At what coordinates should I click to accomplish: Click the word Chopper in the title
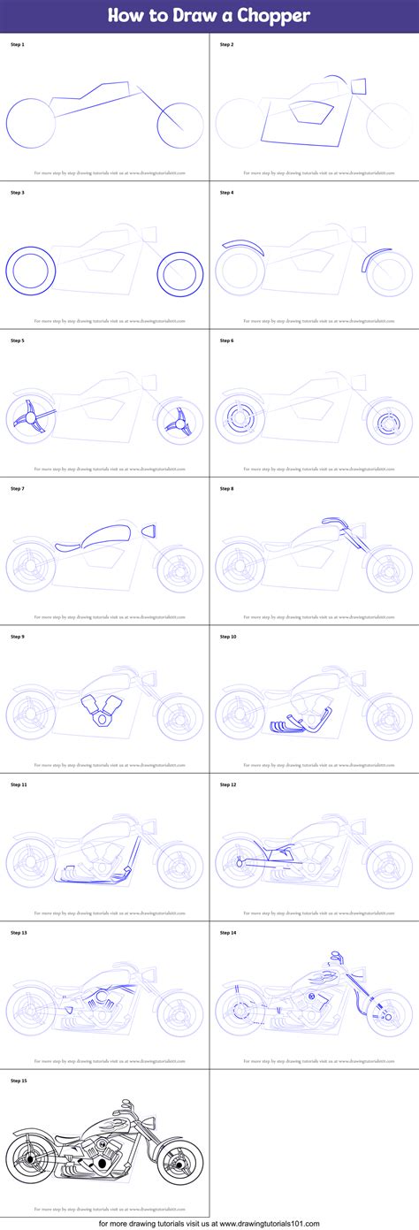pyautogui.click(x=270, y=16)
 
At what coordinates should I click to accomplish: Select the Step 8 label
pyautogui.click(x=227, y=488)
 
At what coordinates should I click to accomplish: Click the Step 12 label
pyautogui.click(x=228, y=784)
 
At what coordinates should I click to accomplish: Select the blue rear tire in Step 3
pyautogui.click(x=32, y=268)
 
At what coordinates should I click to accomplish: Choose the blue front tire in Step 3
pyautogui.click(x=181, y=271)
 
